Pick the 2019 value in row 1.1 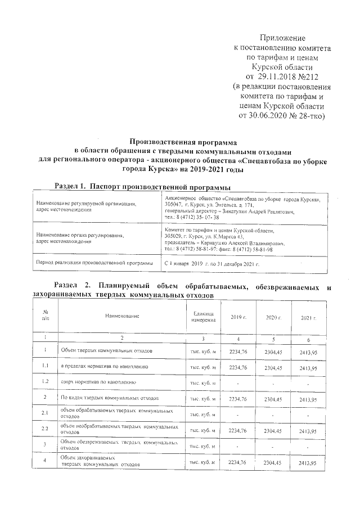point(238,367)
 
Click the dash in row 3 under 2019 point(238,446)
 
